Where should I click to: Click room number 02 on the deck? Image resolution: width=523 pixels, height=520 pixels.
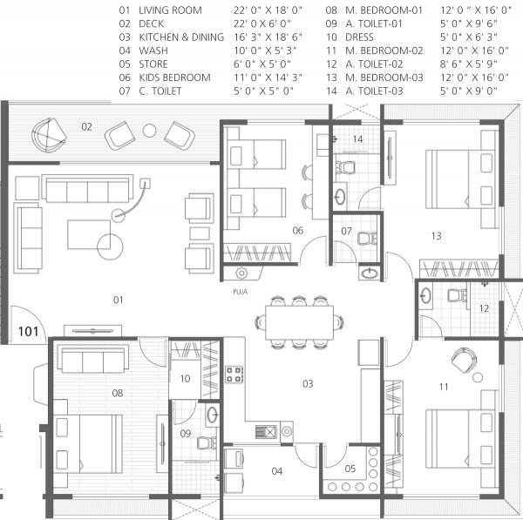87,127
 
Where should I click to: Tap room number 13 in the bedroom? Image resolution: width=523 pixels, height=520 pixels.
437,235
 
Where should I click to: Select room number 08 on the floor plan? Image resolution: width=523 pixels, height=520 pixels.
117,393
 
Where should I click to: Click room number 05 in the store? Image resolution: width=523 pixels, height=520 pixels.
350,469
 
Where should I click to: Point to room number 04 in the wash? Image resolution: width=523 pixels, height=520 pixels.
276,471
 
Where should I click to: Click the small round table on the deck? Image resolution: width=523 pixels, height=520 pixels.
149,131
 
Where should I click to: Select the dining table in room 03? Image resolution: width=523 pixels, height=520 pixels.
298,321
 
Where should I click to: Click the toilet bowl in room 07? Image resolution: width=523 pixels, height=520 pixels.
365,233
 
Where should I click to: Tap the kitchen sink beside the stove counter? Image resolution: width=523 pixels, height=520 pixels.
269,431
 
